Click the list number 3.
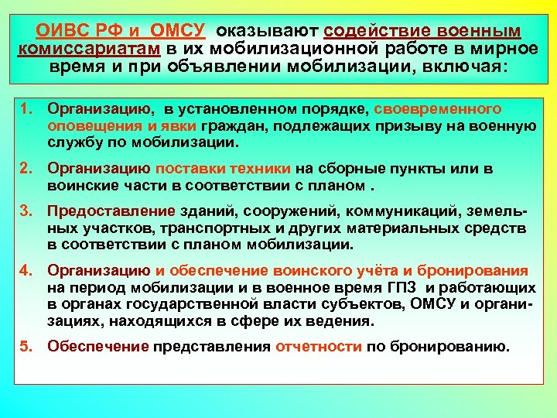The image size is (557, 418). click(x=26, y=211)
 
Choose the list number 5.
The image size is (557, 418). click(x=26, y=346)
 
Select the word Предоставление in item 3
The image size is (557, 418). click(x=101, y=211)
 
